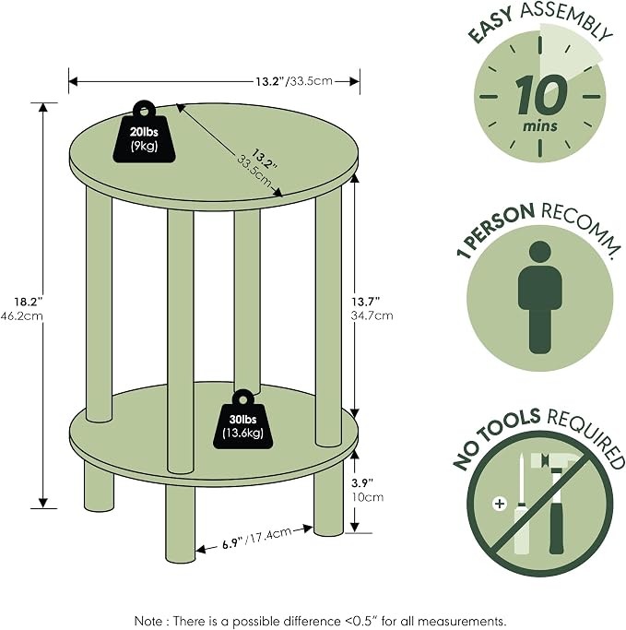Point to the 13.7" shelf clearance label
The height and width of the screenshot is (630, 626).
365,302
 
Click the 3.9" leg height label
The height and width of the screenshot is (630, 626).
362,482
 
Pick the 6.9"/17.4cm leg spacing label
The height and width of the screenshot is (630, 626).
256,539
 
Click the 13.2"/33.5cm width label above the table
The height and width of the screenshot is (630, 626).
294,81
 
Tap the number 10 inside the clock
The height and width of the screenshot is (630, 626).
541,96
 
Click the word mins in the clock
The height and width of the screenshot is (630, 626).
540,125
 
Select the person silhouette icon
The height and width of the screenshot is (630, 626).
539,297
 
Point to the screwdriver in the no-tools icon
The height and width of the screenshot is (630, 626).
520,505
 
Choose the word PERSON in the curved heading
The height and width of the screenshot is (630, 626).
499,228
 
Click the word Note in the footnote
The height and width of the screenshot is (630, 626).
148,621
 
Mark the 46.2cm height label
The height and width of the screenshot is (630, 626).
21,315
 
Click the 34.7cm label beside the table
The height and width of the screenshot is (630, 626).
372,315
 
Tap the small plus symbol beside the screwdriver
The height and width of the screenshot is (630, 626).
500,504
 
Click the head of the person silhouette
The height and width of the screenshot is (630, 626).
539,252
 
